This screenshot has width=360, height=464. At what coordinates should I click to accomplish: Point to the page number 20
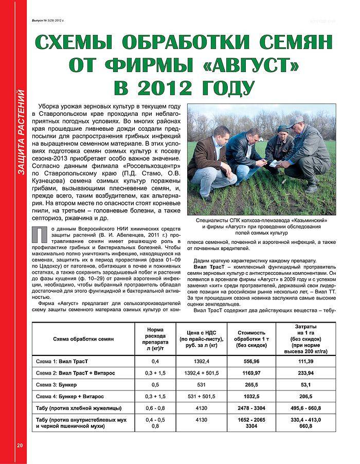point(20,445)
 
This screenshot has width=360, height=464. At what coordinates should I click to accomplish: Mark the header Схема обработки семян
point(83,339)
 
